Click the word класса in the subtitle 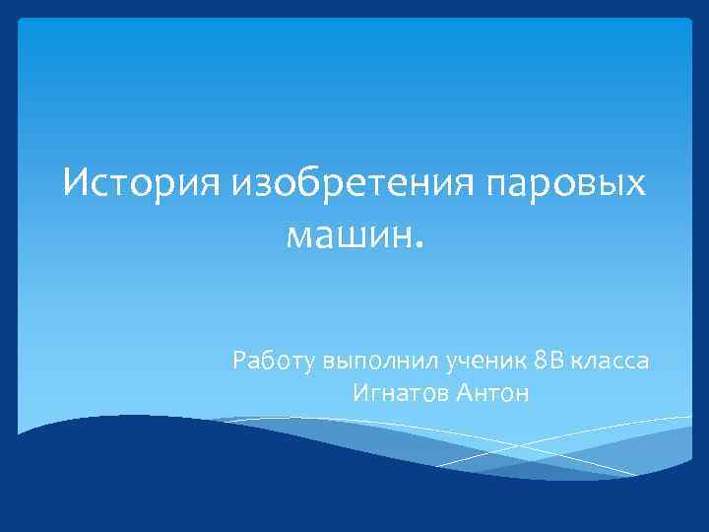click(612, 362)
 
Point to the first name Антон click(493, 394)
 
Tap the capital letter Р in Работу click(240, 361)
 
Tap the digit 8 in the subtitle click(539, 361)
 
